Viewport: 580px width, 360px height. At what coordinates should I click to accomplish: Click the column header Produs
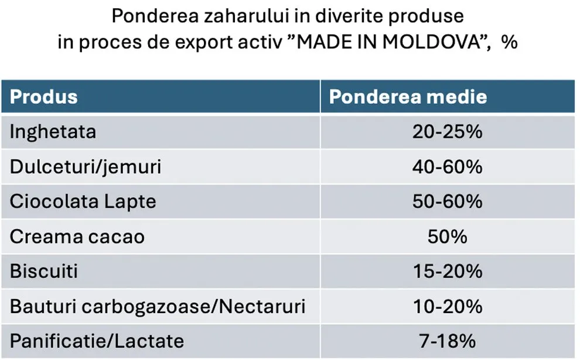click(x=43, y=96)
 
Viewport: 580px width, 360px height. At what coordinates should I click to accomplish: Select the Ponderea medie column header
click(x=408, y=96)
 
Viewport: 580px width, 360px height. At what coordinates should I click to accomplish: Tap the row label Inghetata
click(x=53, y=131)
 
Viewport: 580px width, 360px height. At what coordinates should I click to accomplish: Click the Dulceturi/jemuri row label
click(x=85, y=167)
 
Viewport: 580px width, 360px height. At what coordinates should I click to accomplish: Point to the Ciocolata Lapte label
click(x=83, y=202)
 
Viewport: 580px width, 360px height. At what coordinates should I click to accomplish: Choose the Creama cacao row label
click(x=77, y=237)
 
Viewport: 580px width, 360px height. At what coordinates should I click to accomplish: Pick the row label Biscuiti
click(x=44, y=271)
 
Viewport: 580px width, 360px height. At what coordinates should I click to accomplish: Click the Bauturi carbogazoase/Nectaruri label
click(x=157, y=306)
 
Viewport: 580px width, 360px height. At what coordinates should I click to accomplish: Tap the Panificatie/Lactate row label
click(x=97, y=341)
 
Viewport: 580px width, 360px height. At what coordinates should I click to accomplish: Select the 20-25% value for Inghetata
click(x=447, y=131)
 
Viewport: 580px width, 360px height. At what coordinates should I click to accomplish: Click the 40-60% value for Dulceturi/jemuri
click(x=447, y=167)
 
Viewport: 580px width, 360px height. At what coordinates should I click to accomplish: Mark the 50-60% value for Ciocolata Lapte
click(x=447, y=202)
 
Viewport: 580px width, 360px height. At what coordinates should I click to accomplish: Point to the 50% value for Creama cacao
click(x=448, y=237)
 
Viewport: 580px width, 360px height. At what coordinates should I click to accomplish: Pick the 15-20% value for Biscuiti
click(x=447, y=271)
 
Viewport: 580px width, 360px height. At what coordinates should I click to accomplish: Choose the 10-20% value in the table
click(x=447, y=306)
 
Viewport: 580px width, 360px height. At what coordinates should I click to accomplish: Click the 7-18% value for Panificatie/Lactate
click(x=447, y=341)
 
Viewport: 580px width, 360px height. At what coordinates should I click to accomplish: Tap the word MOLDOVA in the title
click(x=429, y=43)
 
